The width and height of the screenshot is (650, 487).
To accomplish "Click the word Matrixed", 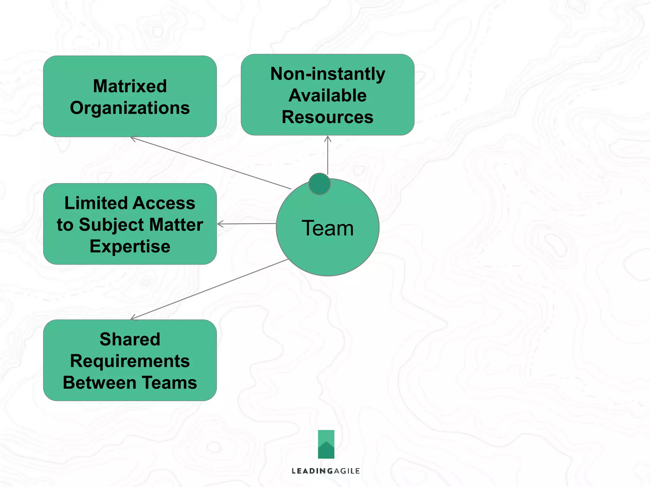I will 130,86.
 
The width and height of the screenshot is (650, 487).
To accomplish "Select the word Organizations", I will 130,108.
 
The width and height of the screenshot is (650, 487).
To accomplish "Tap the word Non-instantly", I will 328,74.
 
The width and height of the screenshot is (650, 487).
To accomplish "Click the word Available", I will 328,95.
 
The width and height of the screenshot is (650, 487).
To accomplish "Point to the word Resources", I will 328,117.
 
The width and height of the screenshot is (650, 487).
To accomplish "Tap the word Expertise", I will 130,246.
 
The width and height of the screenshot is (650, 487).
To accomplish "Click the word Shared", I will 130,339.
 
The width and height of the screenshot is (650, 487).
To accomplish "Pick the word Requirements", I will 130,361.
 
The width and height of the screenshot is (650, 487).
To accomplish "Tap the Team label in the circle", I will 328,228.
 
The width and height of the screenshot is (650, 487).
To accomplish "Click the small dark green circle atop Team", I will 319,184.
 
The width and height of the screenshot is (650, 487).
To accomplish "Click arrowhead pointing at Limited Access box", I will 219,224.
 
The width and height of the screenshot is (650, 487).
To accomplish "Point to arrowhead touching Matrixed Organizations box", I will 133,139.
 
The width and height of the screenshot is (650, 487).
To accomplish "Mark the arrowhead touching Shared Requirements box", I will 133,318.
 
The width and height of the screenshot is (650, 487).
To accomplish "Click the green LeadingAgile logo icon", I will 326,444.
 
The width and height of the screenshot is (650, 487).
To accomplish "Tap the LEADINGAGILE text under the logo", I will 326,471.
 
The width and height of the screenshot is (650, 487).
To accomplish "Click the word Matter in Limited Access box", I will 176,225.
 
